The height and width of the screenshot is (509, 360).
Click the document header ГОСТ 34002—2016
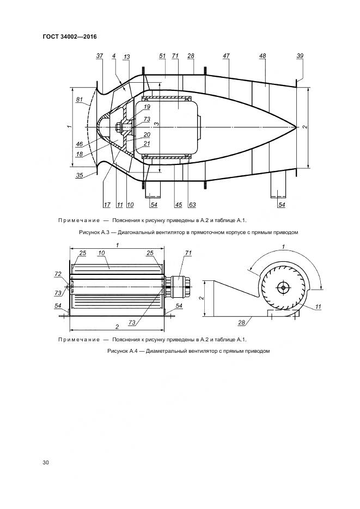tap(70, 37)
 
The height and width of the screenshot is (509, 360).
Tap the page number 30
tap(46, 463)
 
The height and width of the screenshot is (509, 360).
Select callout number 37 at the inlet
tap(99, 56)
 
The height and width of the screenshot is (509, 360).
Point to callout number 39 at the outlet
tap(300, 56)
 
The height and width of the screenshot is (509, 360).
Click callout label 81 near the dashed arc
tap(80, 100)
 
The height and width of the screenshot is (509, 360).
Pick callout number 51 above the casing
tap(163, 56)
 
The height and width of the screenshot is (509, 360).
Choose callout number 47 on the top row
tap(226, 56)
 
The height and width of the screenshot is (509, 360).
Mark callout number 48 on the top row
tap(263, 56)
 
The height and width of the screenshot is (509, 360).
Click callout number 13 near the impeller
tap(126, 56)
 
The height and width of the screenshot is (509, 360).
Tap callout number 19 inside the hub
tap(147, 107)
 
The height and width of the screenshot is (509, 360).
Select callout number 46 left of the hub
tap(80, 144)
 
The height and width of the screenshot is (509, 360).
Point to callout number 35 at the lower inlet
tap(80, 175)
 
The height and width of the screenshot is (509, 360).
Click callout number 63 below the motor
tap(192, 205)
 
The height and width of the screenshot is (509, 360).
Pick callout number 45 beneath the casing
tap(178, 205)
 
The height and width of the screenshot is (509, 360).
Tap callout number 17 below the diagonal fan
tap(107, 205)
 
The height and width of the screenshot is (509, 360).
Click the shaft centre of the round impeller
tap(283, 287)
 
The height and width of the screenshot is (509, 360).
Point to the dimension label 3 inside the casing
tap(155, 125)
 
